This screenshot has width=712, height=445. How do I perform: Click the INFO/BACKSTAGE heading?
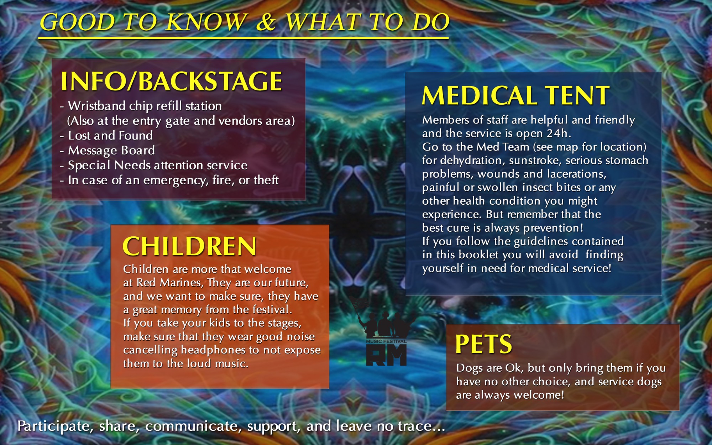(x=171, y=81)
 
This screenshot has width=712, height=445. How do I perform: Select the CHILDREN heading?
(x=189, y=246)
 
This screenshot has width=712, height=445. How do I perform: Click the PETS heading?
(x=483, y=344)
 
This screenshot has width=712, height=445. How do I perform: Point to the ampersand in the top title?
(x=266, y=22)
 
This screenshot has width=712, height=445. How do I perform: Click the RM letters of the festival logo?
(x=386, y=355)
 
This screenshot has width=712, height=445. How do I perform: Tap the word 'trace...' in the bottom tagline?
(x=422, y=426)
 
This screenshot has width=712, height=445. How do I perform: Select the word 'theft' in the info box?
(x=266, y=180)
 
